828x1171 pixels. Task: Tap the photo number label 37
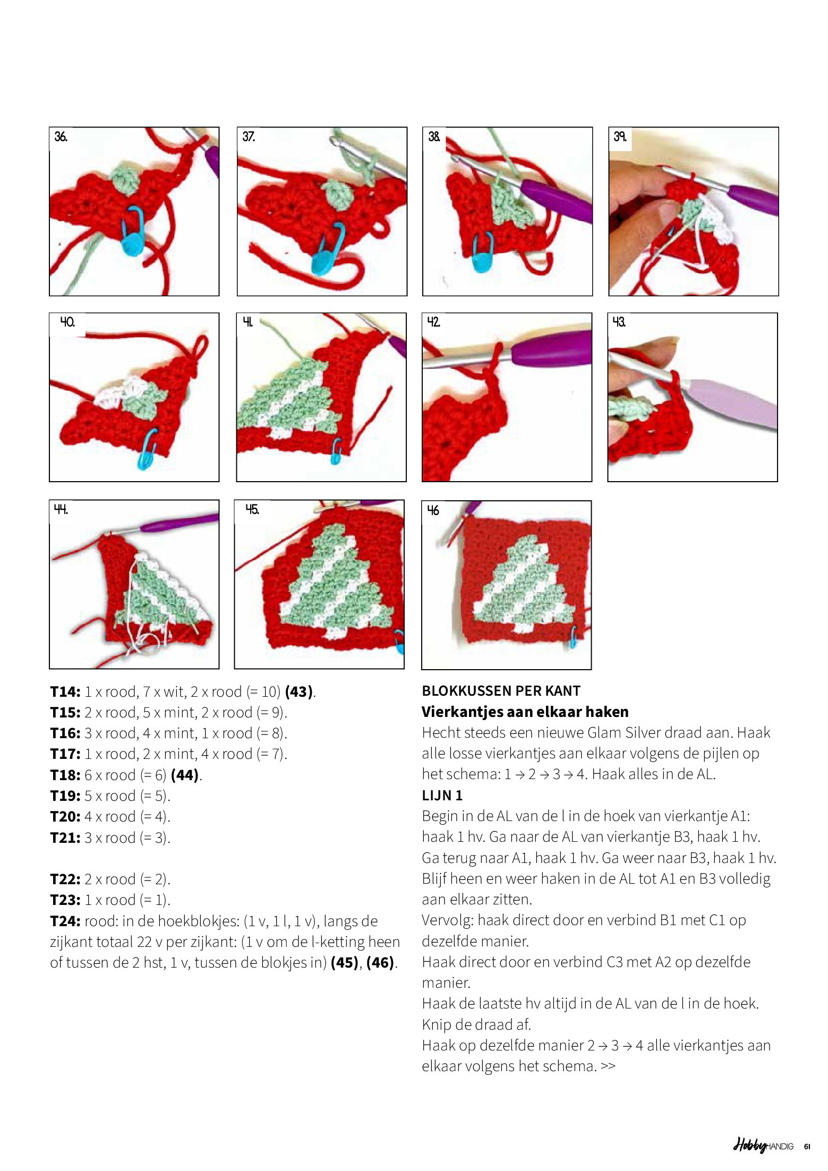point(249,137)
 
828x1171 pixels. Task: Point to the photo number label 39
point(620,137)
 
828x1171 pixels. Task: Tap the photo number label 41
point(247,322)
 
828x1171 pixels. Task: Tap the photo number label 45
point(252,510)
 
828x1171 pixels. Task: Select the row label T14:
point(65,692)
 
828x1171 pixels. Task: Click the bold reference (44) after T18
point(184,775)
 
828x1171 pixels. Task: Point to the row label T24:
point(65,921)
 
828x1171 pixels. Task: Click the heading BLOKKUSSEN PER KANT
point(501,691)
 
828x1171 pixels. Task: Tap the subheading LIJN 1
point(442,796)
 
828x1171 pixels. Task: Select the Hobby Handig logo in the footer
point(763,1146)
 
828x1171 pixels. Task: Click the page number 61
point(807,1147)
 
